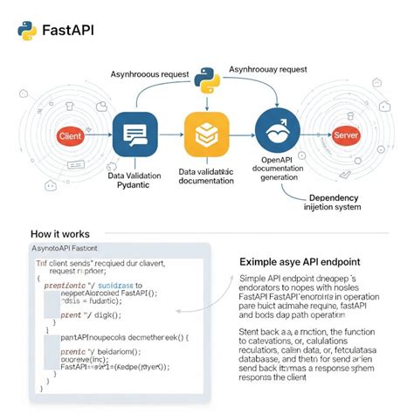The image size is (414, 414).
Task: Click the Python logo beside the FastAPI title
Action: pos(26,31)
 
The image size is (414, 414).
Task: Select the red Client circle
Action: pos(69,136)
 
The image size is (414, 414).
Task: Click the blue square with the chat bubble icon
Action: pos(135,135)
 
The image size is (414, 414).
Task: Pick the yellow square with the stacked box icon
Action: pos(206,135)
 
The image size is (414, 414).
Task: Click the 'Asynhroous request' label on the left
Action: pos(149,73)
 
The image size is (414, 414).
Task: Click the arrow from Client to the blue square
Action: pos(100,136)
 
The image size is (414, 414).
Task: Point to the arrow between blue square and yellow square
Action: pos(171,135)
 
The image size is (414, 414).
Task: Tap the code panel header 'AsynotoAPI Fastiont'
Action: pos(69,251)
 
